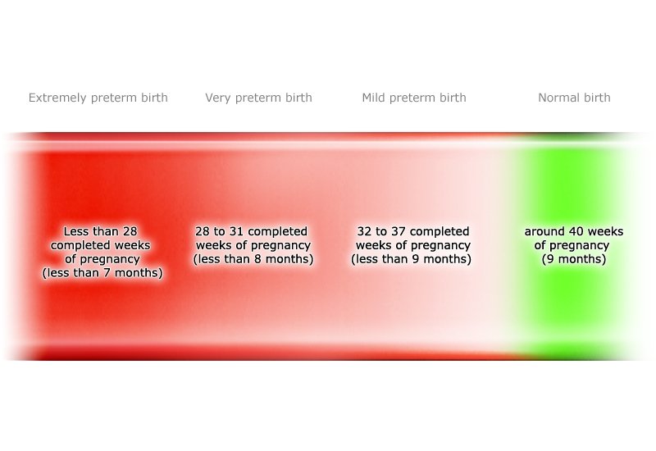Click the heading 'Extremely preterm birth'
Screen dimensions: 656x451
pos(98,98)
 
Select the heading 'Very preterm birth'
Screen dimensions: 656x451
pos(258,98)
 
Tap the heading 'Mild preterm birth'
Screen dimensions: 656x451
pos(414,98)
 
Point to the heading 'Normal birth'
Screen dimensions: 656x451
pos(574,98)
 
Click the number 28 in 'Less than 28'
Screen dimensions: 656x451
pos(130,231)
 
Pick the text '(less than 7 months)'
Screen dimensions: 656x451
pos(102,273)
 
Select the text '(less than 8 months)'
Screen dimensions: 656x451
pos(253,259)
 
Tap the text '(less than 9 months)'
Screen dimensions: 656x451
pos(412,259)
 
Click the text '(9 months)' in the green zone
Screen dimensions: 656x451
pos(574,259)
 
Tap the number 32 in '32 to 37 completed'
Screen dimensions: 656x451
pos(365,231)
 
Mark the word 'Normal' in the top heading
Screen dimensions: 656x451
pos(558,98)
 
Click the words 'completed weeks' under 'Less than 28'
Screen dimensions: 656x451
pos(100,245)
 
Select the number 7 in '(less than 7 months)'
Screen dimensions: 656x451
pos(111,273)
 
